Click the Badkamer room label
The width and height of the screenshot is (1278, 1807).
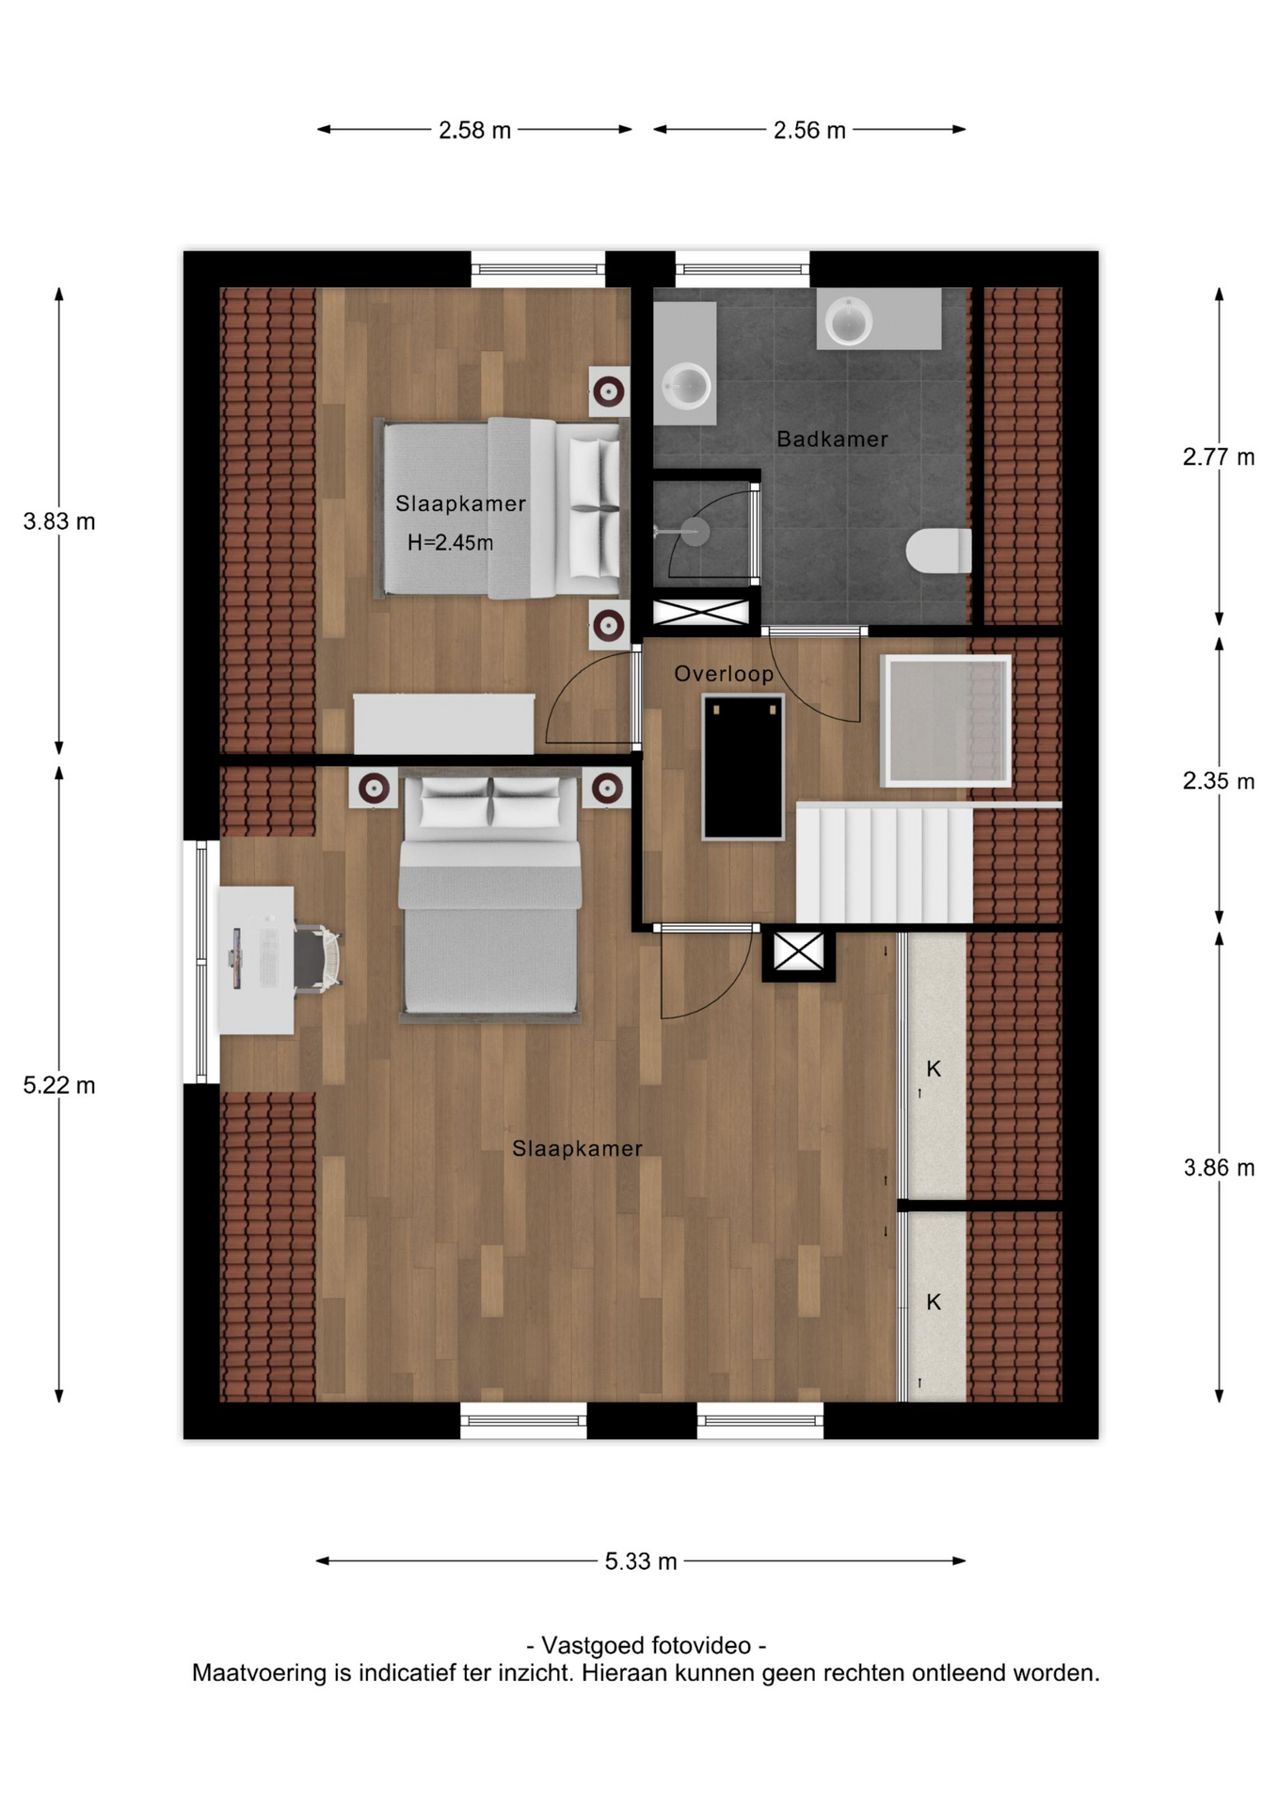coord(832,440)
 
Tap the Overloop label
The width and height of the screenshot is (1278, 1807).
coord(724,674)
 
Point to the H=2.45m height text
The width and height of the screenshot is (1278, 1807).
coord(450,543)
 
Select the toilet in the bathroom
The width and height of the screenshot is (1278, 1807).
coord(938,551)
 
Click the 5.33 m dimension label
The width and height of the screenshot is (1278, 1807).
coord(641,1561)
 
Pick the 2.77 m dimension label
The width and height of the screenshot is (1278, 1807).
coord(1219,457)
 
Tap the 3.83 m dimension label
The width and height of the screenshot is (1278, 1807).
coord(59,521)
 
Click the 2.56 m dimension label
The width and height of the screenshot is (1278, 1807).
coord(809,130)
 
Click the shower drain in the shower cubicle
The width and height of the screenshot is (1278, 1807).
coord(695,532)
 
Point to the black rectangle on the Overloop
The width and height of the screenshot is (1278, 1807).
coord(743,767)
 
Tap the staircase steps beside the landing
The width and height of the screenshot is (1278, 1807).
coord(884,864)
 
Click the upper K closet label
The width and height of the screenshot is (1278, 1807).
coord(934,1069)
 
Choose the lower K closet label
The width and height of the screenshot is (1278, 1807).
coord(934,1303)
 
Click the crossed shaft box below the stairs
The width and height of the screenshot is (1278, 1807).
coord(798,951)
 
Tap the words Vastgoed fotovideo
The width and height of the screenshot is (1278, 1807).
coord(647,1646)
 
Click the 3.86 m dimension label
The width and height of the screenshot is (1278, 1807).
coord(1219,1168)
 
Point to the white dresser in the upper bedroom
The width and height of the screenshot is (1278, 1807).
coord(444,724)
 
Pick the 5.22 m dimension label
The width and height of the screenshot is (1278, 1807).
coord(59,1086)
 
